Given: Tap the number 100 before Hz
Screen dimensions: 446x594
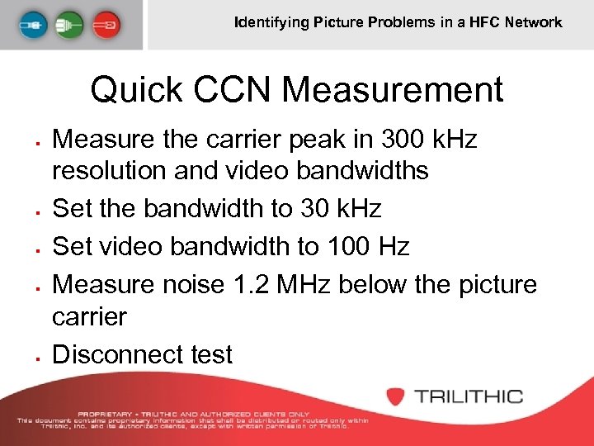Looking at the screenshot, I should (347, 246).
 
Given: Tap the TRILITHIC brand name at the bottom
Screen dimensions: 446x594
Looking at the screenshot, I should (469, 396).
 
